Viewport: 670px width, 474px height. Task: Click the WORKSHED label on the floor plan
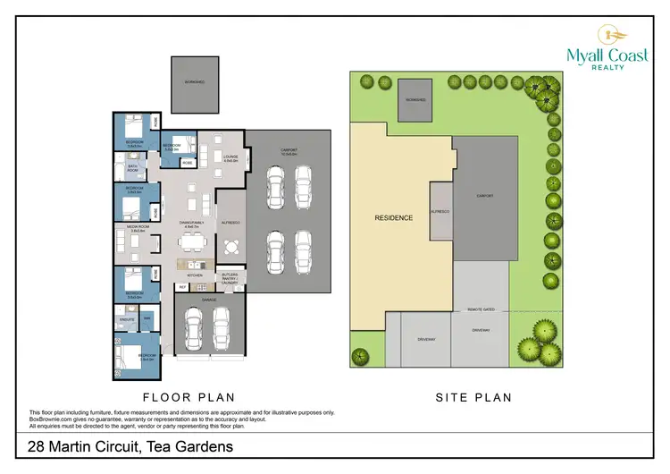195,81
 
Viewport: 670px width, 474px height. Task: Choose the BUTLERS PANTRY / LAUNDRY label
230,280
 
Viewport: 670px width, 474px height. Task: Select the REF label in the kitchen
182,286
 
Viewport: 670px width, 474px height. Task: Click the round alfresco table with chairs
231,246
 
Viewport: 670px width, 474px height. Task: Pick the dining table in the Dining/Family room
190,240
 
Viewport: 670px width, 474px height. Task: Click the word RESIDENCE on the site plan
394,217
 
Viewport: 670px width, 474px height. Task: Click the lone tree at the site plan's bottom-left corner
360,356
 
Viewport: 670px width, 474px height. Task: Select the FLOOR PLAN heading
189,396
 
